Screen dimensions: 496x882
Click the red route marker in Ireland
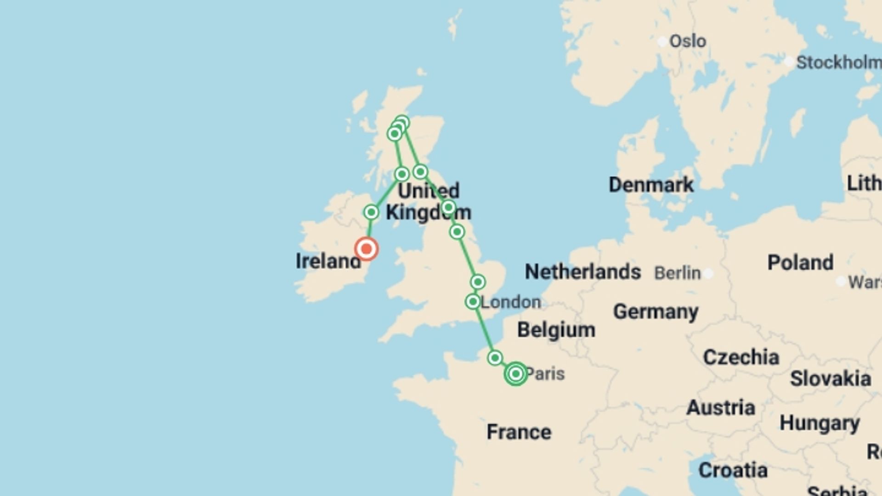click(x=366, y=249)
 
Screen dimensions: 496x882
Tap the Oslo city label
click(x=687, y=41)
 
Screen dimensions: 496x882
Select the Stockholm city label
click(x=838, y=62)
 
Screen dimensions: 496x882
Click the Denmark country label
click(x=651, y=185)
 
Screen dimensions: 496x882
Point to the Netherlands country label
click(x=582, y=272)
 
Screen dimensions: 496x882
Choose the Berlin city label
click(x=677, y=273)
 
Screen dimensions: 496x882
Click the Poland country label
click(x=800, y=263)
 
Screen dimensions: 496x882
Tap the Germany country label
click(x=656, y=312)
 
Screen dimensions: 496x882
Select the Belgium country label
click(x=556, y=330)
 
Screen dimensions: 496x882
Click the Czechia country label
click(x=741, y=357)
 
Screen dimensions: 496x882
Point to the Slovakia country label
click(x=830, y=379)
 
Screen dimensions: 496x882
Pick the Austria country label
click(x=720, y=408)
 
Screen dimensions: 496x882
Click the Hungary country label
click(x=820, y=423)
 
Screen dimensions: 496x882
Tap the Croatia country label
click(x=733, y=470)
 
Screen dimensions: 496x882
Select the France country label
click(x=519, y=432)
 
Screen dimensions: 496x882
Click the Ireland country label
click(x=328, y=261)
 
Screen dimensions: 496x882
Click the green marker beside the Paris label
click(x=515, y=374)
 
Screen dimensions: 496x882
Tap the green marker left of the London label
click(x=473, y=302)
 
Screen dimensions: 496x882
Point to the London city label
click(x=510, y=302)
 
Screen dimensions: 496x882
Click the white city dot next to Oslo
click(x=662, y=42)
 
